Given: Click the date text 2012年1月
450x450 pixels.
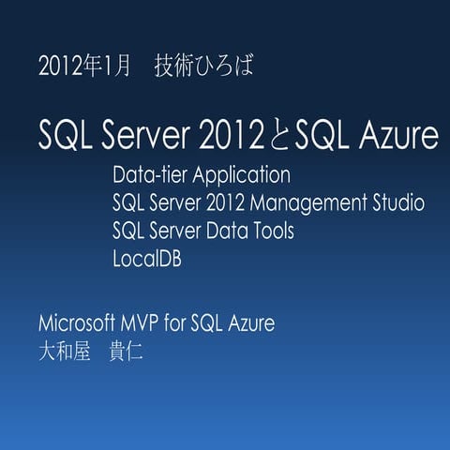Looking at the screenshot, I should pyautogui.click(x=82, y=67).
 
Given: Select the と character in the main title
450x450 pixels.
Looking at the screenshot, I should pyautogui.click(x=277, y=137).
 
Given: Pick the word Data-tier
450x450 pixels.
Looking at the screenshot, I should pyautogui.click(x=146, y=175).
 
